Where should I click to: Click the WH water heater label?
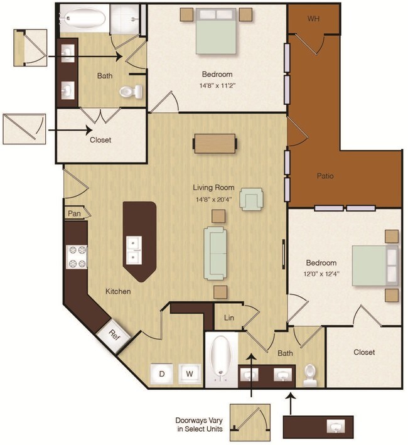click(313, 19)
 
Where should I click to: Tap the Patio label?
click(325, 176)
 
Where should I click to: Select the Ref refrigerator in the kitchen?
click(114, 335)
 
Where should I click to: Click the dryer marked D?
click(162, 374)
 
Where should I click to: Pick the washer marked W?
click(190, 374)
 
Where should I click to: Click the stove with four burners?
click(77, 257)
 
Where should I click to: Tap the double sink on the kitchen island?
click(134, 250)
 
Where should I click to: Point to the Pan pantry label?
click(74, 213)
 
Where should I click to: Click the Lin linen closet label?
click(229, 318)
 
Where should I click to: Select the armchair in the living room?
click(251, 199)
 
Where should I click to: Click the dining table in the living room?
click(215, 144)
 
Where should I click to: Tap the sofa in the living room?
click(215, 253)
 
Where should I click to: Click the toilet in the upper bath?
click(131, 92)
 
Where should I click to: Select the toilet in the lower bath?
click(310, 375)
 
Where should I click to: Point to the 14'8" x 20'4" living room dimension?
click(214, 199)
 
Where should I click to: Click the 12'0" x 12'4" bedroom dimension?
click(321, 274)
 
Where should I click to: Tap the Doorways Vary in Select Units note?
click(199, 424)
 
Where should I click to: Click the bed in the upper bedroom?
click(216, 31)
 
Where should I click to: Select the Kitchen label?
click(118, 291)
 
